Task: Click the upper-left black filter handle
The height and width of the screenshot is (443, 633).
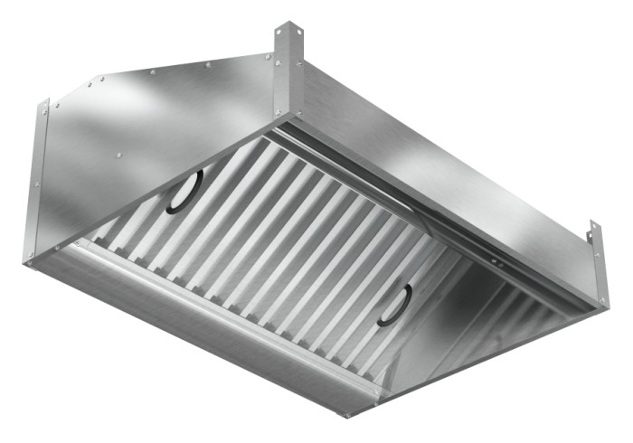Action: tap(184, 192)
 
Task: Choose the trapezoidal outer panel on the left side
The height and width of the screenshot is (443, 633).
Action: tap(154, 136)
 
